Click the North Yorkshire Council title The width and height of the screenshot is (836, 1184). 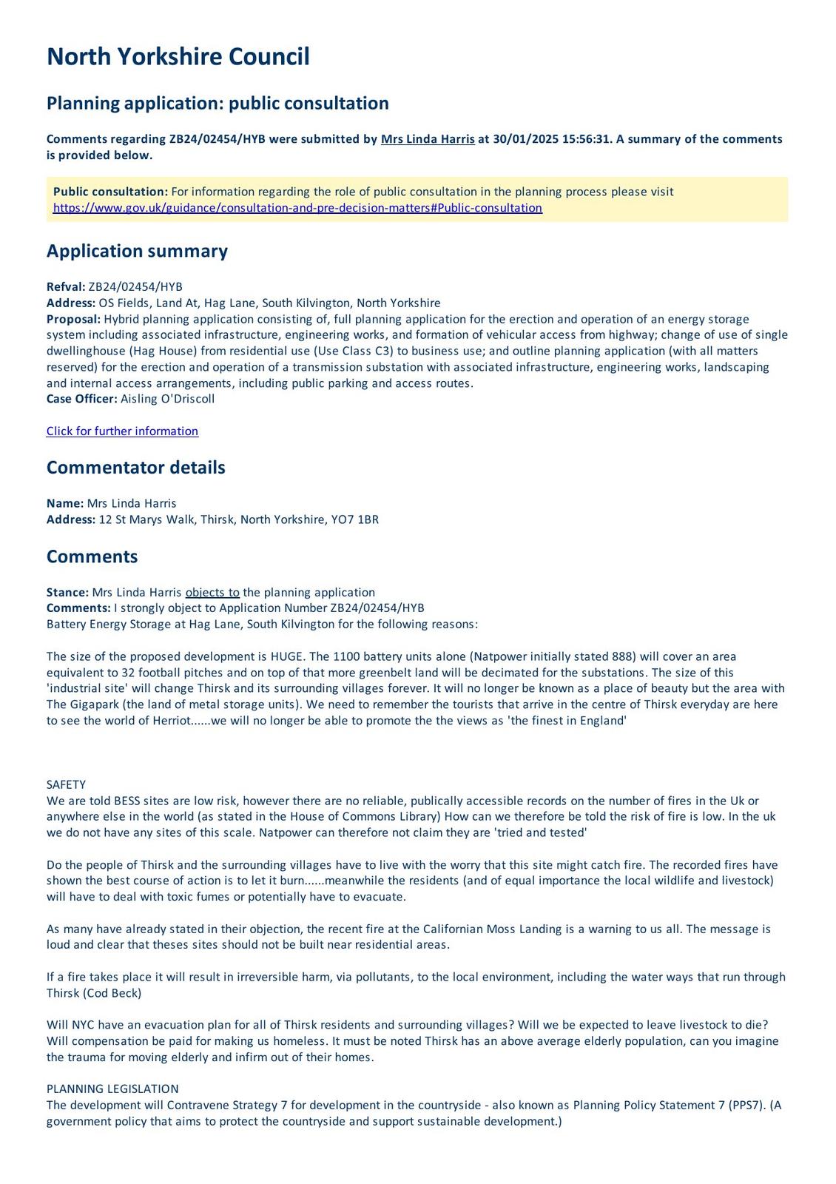[x=178, y=57]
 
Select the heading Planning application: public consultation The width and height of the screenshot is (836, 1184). [x=218, y=103]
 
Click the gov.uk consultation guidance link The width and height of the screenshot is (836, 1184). [x=297, y=208]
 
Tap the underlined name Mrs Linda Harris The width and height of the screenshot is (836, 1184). [x=428, y=139]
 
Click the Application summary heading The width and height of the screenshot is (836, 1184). [x=137, y=251]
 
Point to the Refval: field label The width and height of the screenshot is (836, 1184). [x=66, y=287]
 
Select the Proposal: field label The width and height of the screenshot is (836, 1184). [x=73, y=319]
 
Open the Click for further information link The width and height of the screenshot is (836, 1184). [x=122, y=431]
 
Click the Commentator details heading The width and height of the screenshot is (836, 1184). [x=135, y=468]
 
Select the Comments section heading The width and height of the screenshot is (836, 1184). [x=92, y=556]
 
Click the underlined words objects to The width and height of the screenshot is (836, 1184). [x=212, y=592]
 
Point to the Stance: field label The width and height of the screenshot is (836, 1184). [x=67, y=592]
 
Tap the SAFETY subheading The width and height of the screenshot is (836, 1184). [x=66, y=784]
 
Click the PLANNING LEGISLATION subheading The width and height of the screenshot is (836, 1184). [x=112, y=1089]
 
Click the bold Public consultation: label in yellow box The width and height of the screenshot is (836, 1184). [x=110, y=192]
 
